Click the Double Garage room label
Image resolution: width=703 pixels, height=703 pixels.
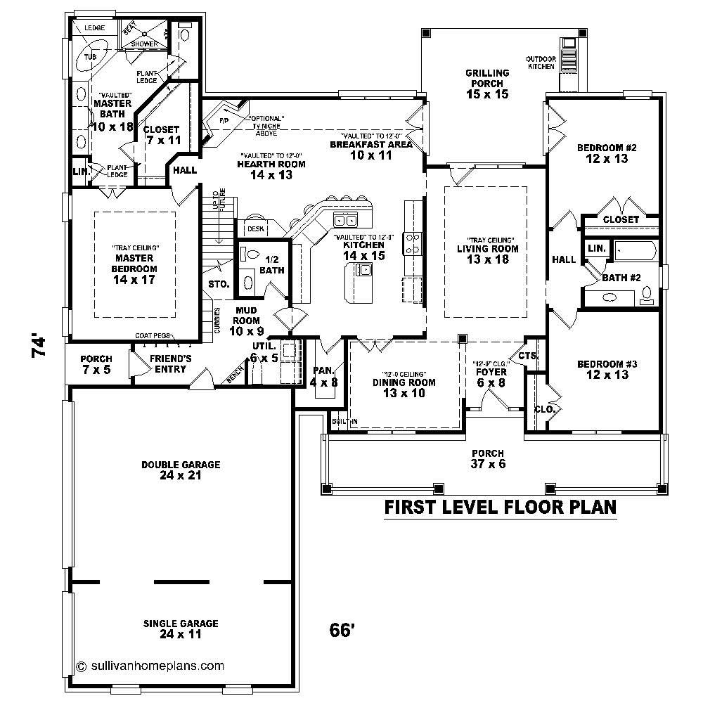pos(181,470)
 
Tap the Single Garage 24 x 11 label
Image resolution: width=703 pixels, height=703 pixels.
pos(181,628)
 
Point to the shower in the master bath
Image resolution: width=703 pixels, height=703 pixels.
pos(143,39)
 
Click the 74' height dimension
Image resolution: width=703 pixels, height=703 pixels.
pos(40,347)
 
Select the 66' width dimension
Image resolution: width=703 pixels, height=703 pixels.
pos(341,631)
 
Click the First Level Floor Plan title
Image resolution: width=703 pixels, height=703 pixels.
pos(501,507)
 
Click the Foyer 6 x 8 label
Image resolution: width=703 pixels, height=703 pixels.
pos(490,378)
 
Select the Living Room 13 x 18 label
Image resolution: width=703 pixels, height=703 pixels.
pos(487,254)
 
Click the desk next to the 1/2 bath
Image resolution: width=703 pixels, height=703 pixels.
pos(254,228)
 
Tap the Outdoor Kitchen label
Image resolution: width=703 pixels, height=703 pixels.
pos(541,62)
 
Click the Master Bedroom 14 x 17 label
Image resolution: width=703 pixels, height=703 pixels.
pos(134,268)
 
